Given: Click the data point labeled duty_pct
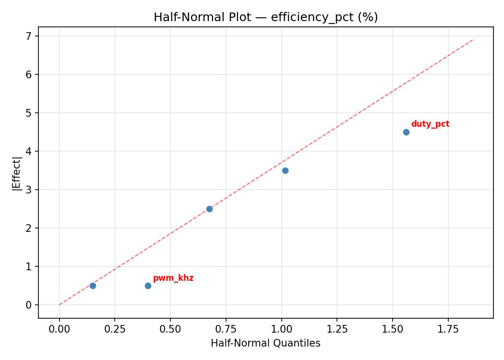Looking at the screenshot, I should pyautogui.click(x=406, y=132).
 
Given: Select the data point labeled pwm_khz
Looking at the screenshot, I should pyautogui.click(x=148, y=286).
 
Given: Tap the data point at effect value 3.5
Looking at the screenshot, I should pyautogui.click(x=285, y=170).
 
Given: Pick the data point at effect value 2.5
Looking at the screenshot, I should pyautogui.click(x=209, y=209).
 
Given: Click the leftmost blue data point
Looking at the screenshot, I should pyautogui.click(x=93, y=286).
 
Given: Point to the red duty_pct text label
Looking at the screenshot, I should pyautogui.click(x=430, y=124).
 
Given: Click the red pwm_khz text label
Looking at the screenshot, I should pyautogui.click(x=173, y=278).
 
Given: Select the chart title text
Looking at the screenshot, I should pyautogui.click(x=265, y=17).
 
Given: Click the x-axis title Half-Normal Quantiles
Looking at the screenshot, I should pyautogui.click(x=265, y=343).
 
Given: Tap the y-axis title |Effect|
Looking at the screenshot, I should pyautogui.click(x=17, y=173).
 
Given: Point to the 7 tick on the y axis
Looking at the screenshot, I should pyautogui.click(x=29, y=36).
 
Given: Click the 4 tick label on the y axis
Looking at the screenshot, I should pyautogui.click(x=29, y=151).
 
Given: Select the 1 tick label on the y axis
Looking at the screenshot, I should pyautogui.click(x=29, y=266).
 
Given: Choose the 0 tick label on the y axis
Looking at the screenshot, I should pyautogui.click(x=29, y=305).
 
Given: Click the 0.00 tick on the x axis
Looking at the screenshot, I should pyautogui.click(x=60, y=329).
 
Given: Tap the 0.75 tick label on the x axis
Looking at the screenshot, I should pyautogui.click(x=226, y=329).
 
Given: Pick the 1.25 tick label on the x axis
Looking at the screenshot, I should pyautogui.click(x=337, y=329).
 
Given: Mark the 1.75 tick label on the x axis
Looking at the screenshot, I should pyautogui.click(x=448, y=329).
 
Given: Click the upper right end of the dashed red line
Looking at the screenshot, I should pyautogui.click(x=473, y=40).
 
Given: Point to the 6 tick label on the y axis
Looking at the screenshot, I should pyautogui.click(x=29, y=74).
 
